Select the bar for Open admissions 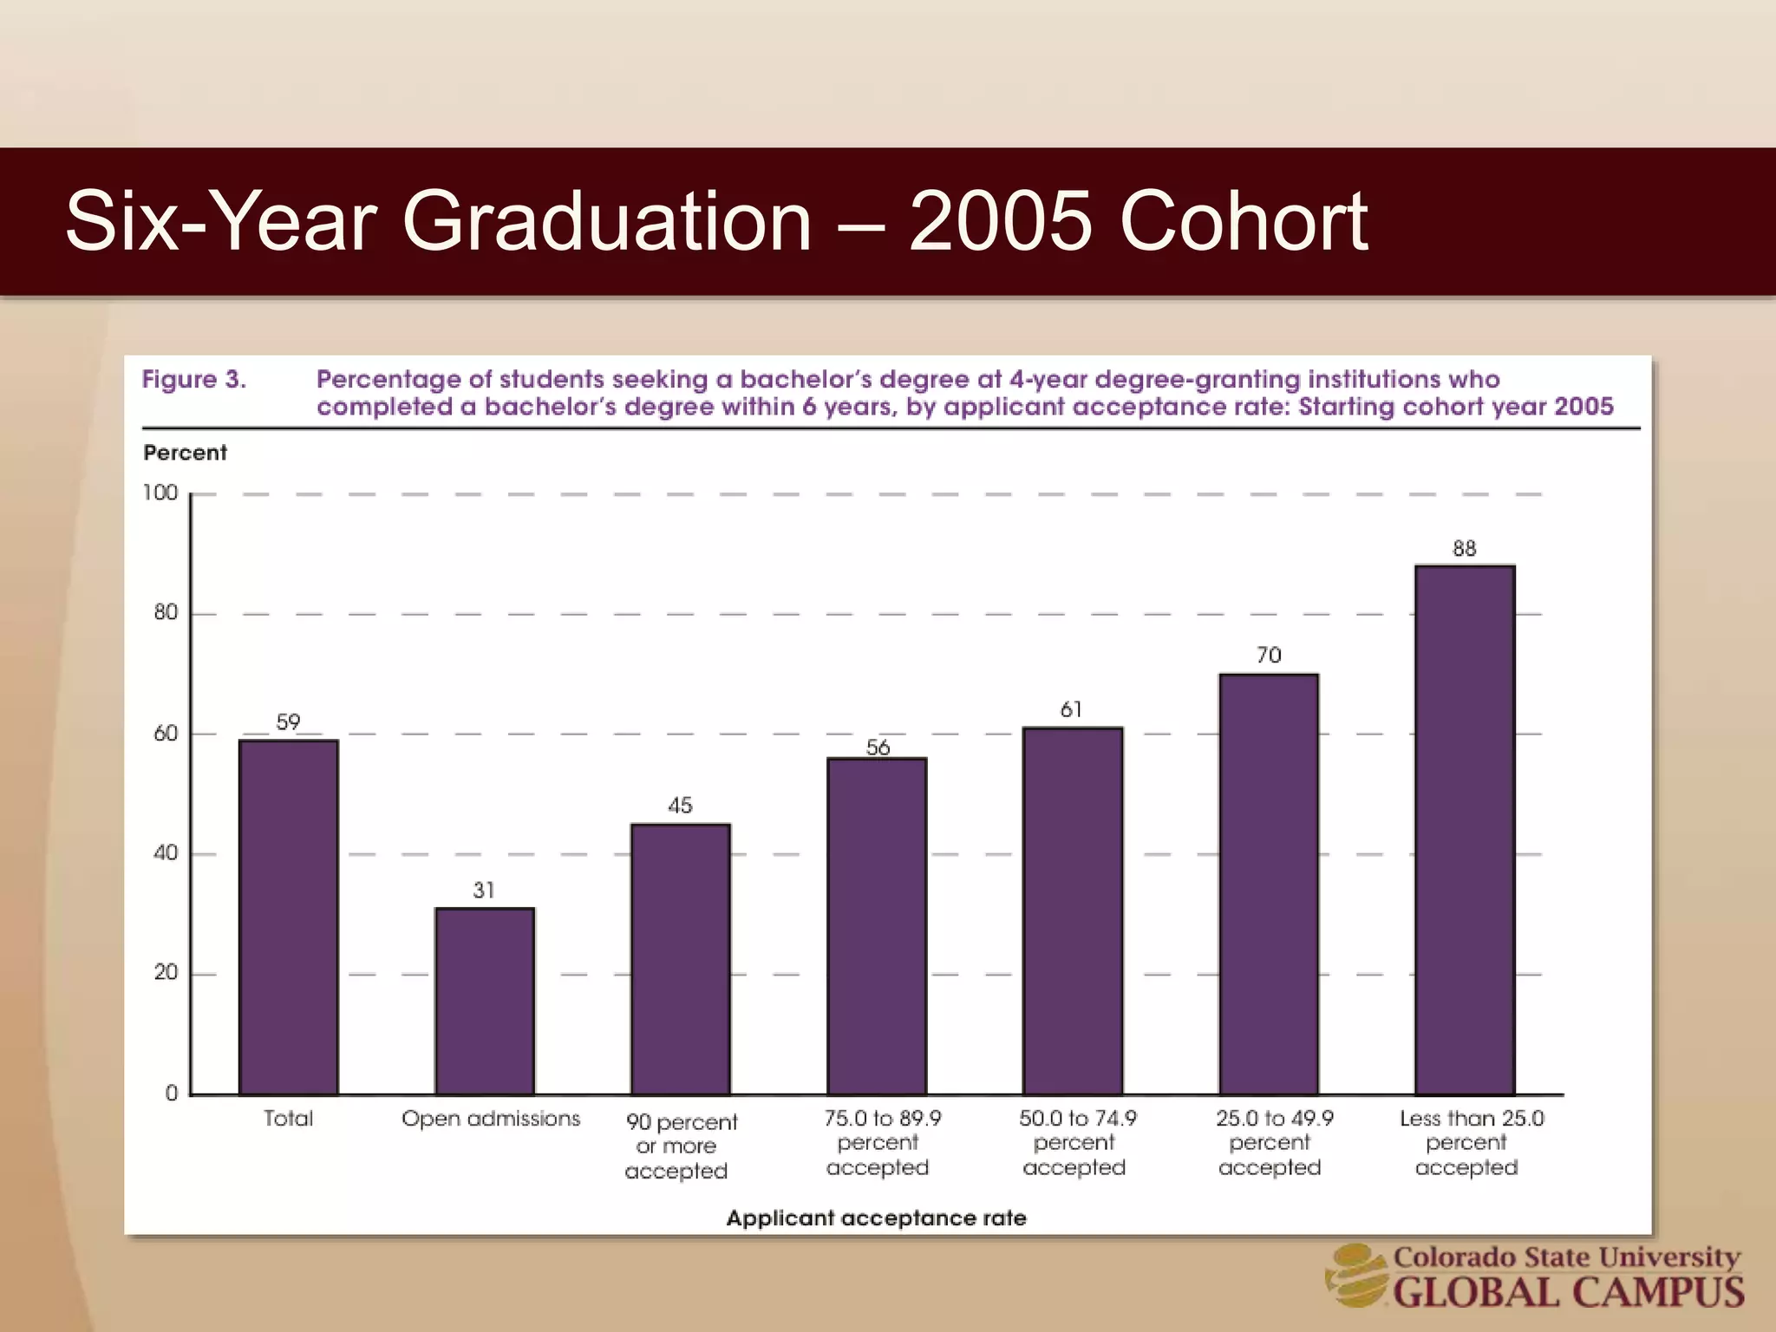pos(485,1001)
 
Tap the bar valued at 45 pos(681,958)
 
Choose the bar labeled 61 pos(1073,911)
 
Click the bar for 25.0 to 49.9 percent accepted pos(1269,884)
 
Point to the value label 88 pos(1465,549)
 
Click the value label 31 pos(484,891)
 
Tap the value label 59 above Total pos(288,722)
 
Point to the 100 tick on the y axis pos(160,493)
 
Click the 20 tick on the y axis pos(166,973)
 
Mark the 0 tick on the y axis pos(172,1094)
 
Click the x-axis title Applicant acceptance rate pos(876,1218)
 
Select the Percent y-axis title pos(185,453)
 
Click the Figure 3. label pos(194,380)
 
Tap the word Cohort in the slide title pos(1244,222)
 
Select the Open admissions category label pos(491,1119)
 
